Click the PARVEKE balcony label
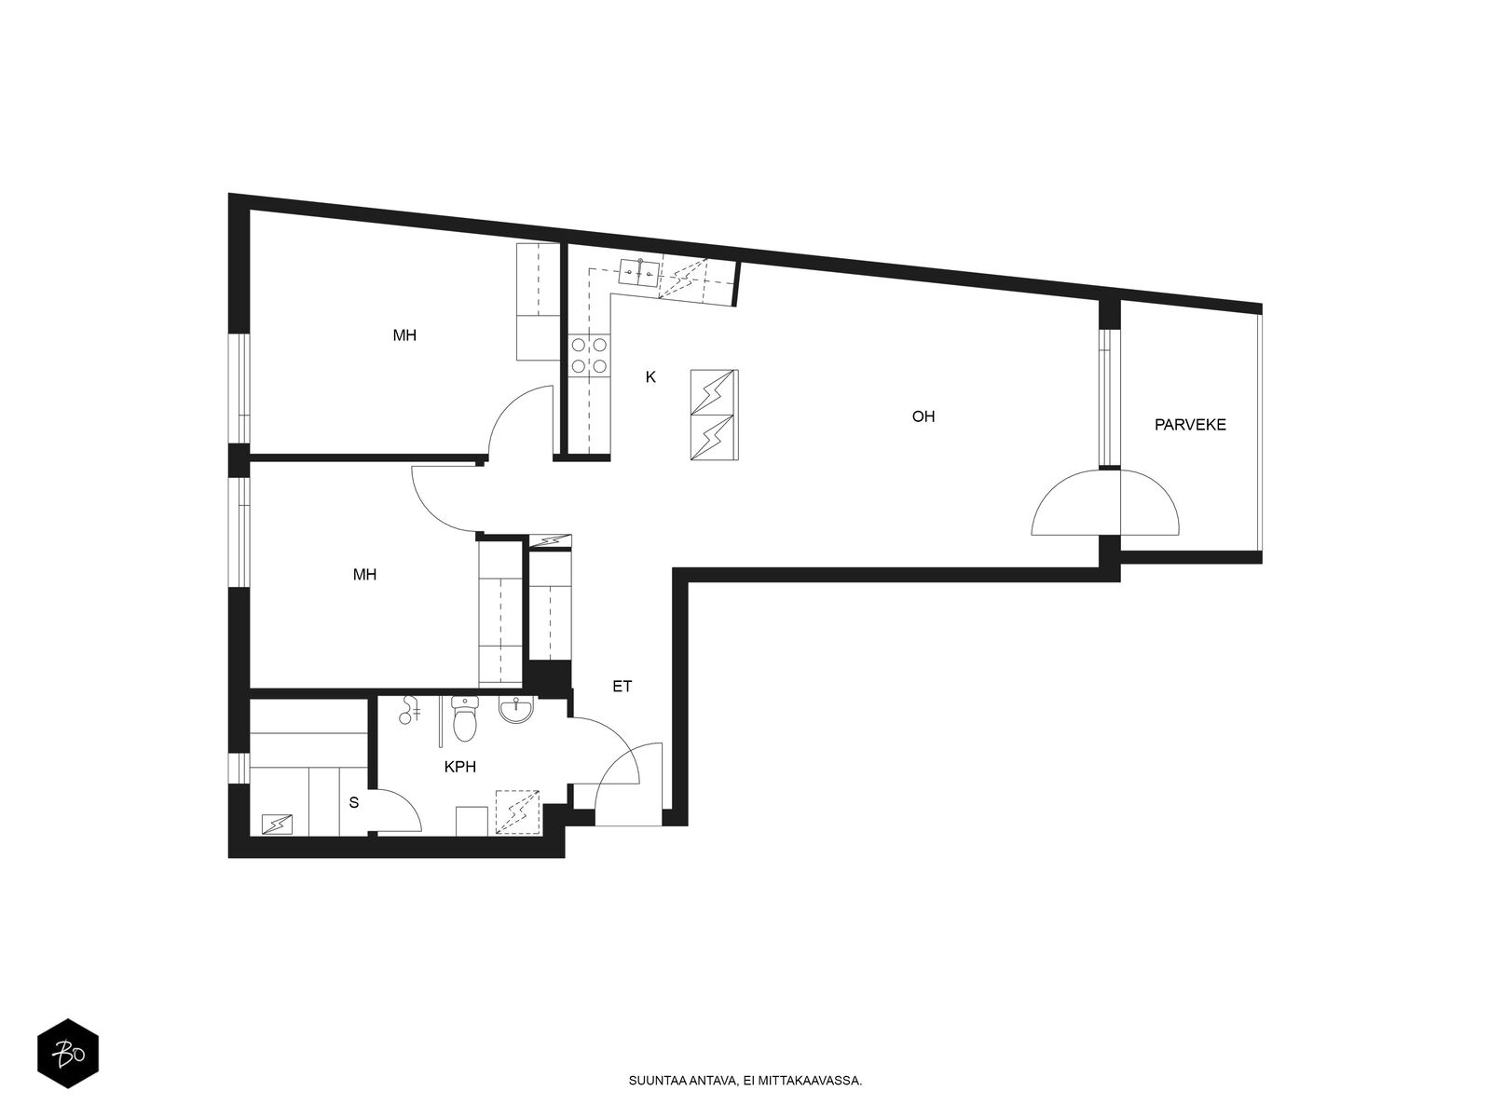coord(1189,425)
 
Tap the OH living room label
coord(923,416)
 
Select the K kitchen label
coord(650,377)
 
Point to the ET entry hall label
coord(622,687)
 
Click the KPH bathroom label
coord(459,767)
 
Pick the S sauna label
coord(353,803)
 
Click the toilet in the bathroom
coord(465,718)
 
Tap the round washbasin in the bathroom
coord(516,710)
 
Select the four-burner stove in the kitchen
coord(589,356)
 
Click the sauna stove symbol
coord(277,825)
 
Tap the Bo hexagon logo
coord(68,1054)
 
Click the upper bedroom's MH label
coord(404,335)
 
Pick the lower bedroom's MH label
coord(364,575)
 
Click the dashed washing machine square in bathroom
coord(517,811)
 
